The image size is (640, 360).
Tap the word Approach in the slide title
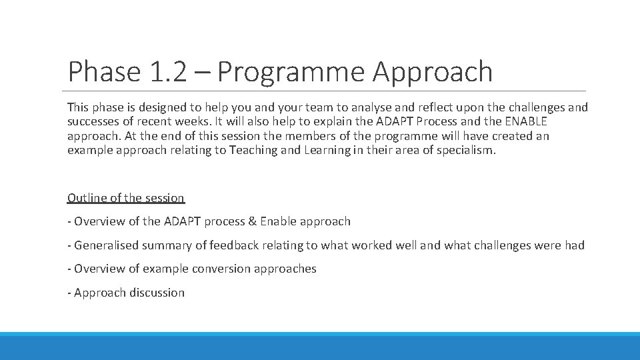433,72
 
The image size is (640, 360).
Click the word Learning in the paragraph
328,150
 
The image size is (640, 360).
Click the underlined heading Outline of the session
126,198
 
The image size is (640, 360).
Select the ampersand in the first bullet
251,221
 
